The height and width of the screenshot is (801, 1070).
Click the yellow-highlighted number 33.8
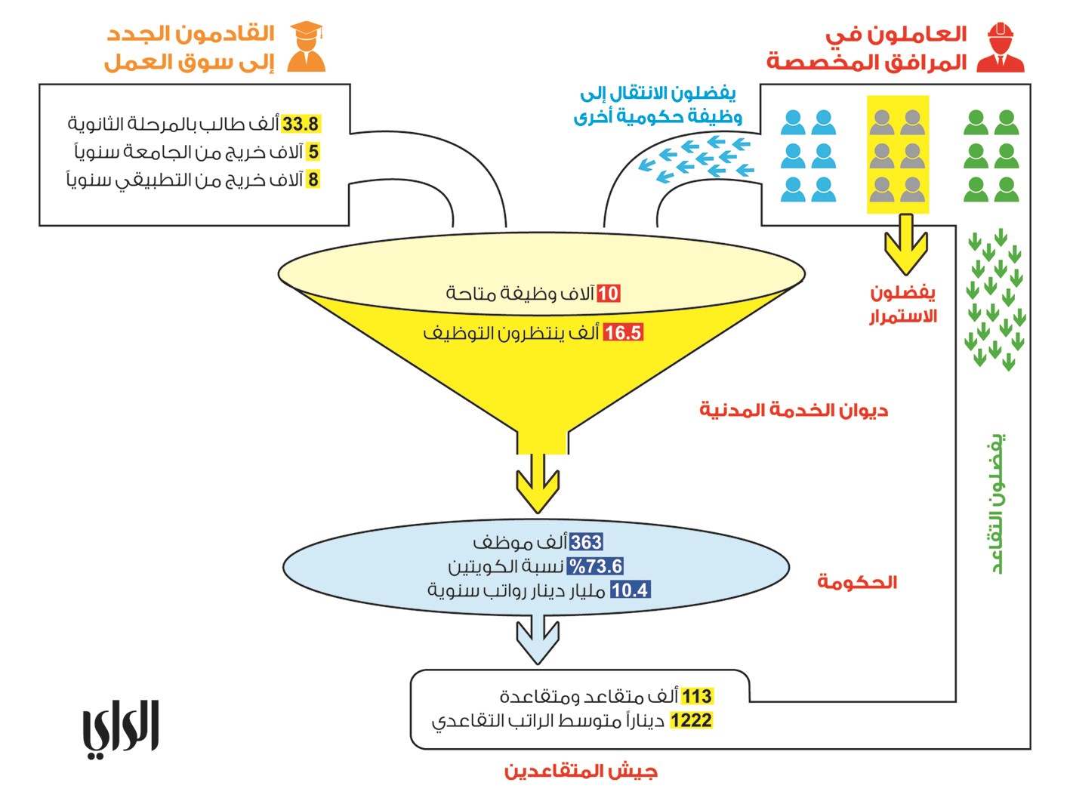(301, 124)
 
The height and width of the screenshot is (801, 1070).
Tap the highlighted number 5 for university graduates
(313, 152)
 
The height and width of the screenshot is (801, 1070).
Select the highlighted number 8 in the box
(313, 180)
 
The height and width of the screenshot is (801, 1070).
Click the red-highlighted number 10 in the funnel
(608, 293)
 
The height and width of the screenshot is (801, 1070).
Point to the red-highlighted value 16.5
(623, 332)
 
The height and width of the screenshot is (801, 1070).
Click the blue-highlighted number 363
(586, 542)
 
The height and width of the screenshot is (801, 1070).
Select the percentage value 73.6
(596, 566)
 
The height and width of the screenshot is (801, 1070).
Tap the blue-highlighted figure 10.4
(630, 590)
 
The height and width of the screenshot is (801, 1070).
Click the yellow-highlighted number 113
(696, 696)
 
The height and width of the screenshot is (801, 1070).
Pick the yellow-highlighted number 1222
(691, 720)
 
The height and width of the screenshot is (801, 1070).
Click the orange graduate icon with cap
(307, 47)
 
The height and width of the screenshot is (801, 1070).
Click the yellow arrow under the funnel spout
(537, 483)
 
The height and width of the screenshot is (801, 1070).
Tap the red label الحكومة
(857, 582)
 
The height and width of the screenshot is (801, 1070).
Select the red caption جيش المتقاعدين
(581, 771)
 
